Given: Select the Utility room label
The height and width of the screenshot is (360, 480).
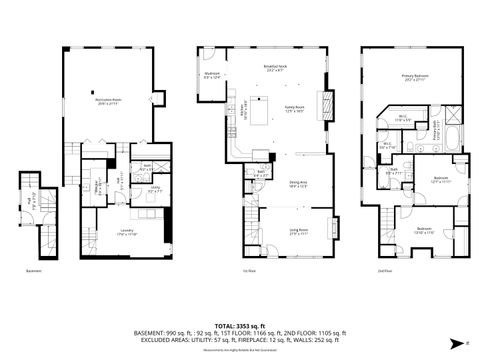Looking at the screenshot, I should coord(155,189).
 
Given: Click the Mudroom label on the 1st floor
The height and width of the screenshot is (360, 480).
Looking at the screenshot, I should coord(212,75).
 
